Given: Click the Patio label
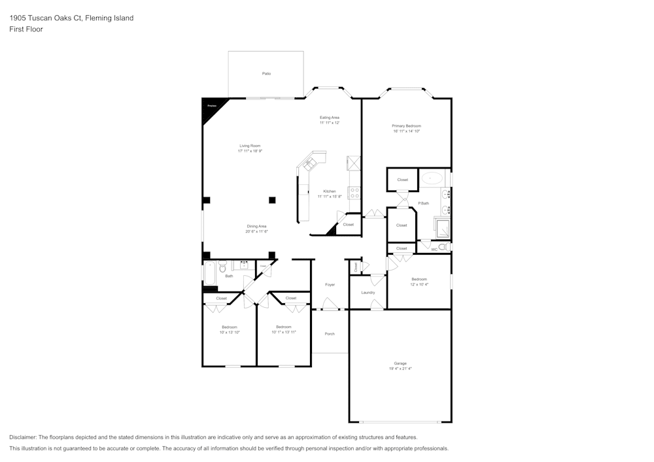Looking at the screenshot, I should click(266, 74).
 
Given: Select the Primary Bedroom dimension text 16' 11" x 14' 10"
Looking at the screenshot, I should click(406, 131).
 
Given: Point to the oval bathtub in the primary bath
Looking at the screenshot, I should click(432, 177).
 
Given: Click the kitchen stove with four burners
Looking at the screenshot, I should click(354, 193).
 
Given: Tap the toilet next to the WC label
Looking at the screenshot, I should click(443, 247).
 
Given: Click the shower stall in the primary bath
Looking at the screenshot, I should click(442, 227).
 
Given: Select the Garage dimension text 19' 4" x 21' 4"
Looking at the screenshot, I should click(400, 369).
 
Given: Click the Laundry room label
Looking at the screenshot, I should click(368, 292).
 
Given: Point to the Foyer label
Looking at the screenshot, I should click(330, 284).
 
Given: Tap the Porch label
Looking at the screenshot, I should click(330, 334).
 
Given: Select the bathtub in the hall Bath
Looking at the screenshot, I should click(210, 272).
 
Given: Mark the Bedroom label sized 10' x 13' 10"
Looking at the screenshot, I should click(229, 327).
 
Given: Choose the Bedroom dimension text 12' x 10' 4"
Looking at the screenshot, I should click(419, 284).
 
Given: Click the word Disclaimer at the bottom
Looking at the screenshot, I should click(23, 437).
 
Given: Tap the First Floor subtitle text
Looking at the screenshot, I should click(26, 29).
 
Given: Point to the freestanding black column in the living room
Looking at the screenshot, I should click(272, 200).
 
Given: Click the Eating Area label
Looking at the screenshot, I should click(330, 118).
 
